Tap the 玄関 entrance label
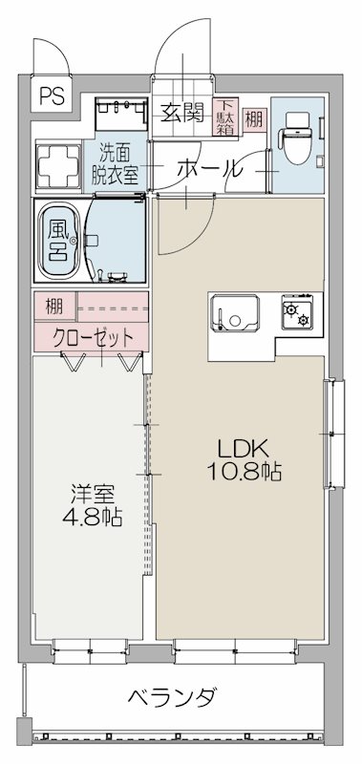point(181,114)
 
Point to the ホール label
point(207,169)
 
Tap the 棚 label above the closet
point(53,308)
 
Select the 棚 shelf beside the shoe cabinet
point(252,119)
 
